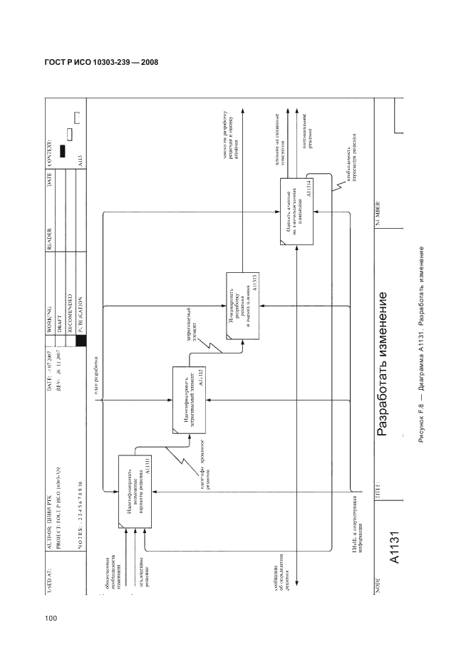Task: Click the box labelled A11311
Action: click(135, 491)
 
